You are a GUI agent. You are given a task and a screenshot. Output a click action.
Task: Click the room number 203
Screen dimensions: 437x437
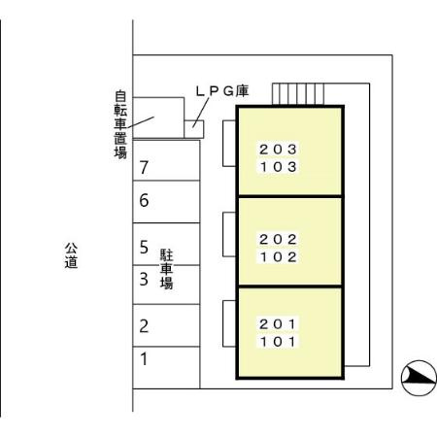278,150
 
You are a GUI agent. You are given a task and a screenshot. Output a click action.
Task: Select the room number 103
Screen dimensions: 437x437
278,167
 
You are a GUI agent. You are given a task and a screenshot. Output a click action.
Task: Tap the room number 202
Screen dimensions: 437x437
278,240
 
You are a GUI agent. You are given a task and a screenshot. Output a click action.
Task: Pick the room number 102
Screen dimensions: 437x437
278,257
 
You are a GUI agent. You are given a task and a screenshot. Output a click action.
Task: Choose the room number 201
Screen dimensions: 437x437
278,324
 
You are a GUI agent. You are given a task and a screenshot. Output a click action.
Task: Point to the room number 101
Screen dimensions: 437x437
278,342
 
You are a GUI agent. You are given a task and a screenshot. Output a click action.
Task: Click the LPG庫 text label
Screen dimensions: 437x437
222,91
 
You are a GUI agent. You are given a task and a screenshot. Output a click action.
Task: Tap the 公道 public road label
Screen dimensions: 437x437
71,255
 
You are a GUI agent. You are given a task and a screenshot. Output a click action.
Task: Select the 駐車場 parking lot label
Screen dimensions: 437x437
167,269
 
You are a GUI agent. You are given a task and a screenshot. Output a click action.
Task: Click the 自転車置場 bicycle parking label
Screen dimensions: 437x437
120,124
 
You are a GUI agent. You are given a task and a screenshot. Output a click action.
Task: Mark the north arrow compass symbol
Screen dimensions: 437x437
419,378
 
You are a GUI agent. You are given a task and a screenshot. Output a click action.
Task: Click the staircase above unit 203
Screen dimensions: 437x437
298,94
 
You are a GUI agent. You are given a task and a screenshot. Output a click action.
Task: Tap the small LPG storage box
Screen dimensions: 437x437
194,129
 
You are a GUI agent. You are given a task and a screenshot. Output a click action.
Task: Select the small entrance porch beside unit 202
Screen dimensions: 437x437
229,234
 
